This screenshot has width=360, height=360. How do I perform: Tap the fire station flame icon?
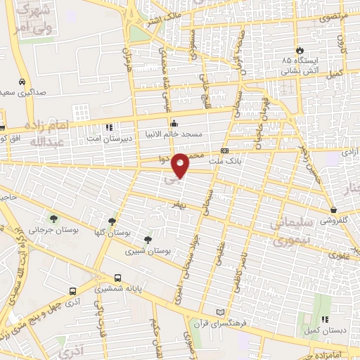click(300, 51)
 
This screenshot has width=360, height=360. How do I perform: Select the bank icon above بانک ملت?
click(224, 151)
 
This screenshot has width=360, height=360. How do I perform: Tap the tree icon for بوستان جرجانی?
click(53, 219)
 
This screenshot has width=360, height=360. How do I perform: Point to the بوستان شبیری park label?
click(143, 250)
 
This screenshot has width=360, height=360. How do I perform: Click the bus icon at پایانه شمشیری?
click(118, 278)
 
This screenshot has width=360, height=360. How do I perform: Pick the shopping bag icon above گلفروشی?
click(333, 210)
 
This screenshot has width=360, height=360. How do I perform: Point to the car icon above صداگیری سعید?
click(23, 82)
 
